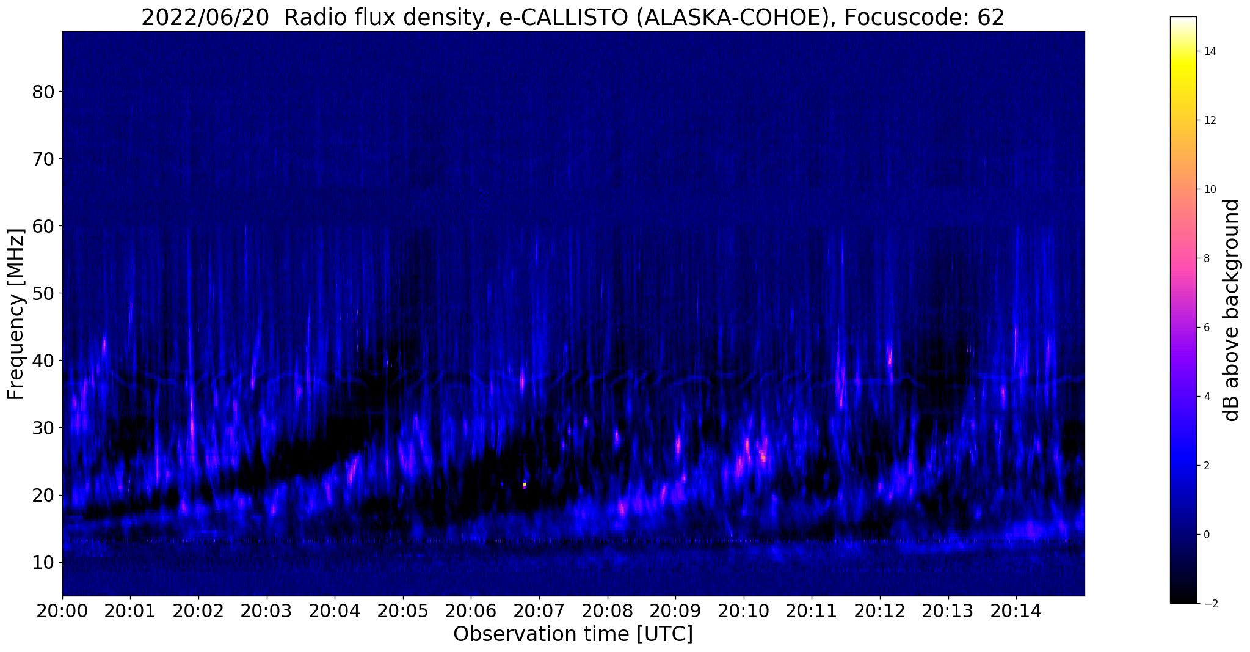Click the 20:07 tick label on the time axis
539,612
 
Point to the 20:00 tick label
62,612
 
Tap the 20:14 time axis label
1016,612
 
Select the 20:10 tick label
743,612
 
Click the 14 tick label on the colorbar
1209,51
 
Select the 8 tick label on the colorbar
1206,258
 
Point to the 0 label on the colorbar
1206,535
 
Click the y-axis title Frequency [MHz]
16,314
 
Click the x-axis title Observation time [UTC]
573,634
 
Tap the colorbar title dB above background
1232,310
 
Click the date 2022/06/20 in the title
205,18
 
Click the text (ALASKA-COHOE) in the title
732,18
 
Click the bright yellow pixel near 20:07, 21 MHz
524,485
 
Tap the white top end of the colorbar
1183,19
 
